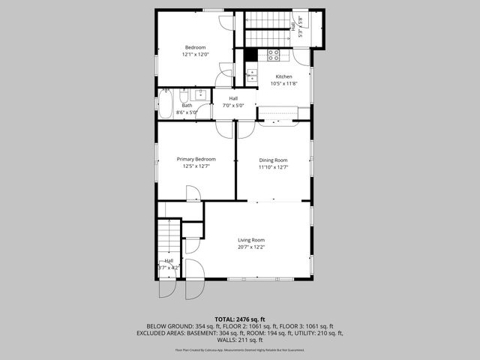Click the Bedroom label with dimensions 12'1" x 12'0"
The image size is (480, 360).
pyautogui.click(x=195, y=47)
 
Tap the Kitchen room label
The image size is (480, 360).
pyautogui.click(x=283, y=77)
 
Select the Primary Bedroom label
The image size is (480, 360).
pyautogui.click(x=196, y=159)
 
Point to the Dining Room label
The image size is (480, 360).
pyautogui.click(x=273, y=160)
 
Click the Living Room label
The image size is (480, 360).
pyautogui.click(x=251, y=239)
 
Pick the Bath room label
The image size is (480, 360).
pyautogui.click(x=186, y=106)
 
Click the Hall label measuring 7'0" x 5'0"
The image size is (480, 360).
pyautogui.click(x=233, y=99)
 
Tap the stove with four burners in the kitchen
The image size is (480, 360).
pyautogui.click(x=274, y=55)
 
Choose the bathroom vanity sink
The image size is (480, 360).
pyautogui.click(x=201, y=94)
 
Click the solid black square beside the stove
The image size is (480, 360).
pyautogui.click(x=251, y=55)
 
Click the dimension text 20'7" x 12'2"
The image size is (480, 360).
pyautogui.click(x=251, y=247)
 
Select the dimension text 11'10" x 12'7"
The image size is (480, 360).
pyautogui.click(x=273, y=167)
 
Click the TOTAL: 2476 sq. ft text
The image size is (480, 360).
pyautogui.click(x=239, y=319)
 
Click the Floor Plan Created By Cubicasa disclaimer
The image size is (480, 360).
pyautogui.click(x=239, y=350)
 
